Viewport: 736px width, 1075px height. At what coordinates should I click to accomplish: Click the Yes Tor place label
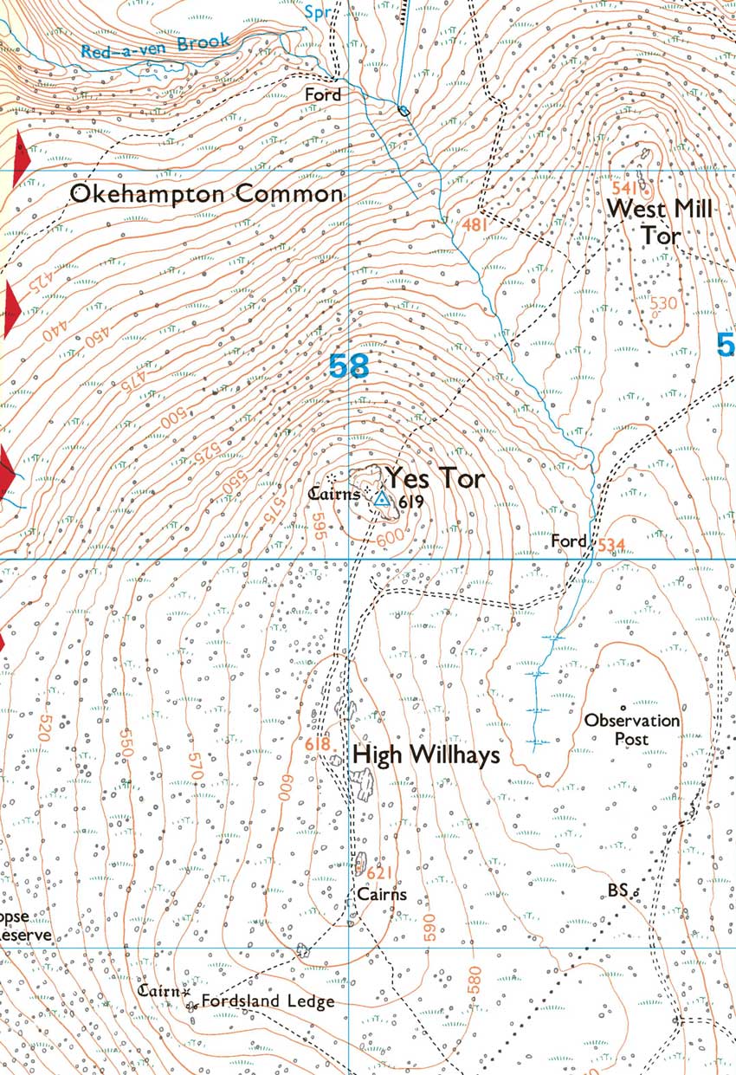tap(435, 478)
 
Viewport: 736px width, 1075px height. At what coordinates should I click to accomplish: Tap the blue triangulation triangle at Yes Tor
tap(381, 497)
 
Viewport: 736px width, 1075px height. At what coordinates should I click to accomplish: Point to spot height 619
tap(410, 502)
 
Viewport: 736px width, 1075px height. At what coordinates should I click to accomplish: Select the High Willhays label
tap(426, 755)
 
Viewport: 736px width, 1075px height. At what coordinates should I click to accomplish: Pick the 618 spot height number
tap(319, 743)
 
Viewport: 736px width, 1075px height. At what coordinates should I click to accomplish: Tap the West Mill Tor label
tap(660, 222)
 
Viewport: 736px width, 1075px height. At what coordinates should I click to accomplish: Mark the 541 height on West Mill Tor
tap(627, 188)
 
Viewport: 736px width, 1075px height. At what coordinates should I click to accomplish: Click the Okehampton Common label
tap(206, 194)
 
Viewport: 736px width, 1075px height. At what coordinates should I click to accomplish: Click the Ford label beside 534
tap(569, 541)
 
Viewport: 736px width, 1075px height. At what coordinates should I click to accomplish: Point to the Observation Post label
tap(631, 729)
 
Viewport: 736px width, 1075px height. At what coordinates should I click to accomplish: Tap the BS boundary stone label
tap(617, 890)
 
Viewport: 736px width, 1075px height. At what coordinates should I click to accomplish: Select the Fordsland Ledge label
tap(268, 1002)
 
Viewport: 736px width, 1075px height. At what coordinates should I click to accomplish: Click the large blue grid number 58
tap(349, 366)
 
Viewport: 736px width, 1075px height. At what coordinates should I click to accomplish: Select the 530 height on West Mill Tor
tap(662, 303)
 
